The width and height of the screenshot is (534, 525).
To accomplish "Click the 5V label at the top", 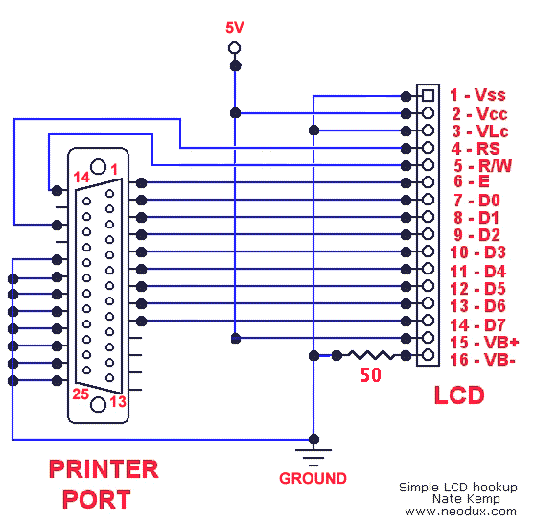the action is pos(235,28).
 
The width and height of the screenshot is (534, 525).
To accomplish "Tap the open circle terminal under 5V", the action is pos(234,48).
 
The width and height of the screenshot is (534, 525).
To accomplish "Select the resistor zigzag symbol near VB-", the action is pos(371,355).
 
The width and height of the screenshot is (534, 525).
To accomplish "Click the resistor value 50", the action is pos(370,375).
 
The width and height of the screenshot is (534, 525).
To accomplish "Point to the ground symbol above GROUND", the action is pos(313,457).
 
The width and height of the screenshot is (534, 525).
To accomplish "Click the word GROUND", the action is pos(313,478).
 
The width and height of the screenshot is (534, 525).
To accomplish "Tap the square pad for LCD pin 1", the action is pos(429,95).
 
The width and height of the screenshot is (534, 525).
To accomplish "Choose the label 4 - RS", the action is pos(476,149).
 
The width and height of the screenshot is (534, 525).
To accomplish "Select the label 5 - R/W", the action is pos(482,166).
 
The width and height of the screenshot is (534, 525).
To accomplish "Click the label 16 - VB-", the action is pos(482,360).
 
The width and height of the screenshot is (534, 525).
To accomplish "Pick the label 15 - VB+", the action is pos(484,343).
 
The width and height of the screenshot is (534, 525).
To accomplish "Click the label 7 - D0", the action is pos(476,201).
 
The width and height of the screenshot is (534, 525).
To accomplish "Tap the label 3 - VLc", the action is pos(480,131).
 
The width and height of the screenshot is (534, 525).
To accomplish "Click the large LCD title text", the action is pos(459,395).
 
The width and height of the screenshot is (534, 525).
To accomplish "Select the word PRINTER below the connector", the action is pos(104,469).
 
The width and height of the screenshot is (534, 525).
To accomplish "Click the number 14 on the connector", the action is pos(81,178).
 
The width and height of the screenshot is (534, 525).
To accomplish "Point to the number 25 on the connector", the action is pos(81,394).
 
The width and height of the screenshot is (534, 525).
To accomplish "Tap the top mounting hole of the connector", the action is pos(98,166).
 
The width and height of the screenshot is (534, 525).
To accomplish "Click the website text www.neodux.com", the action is pos(460,512).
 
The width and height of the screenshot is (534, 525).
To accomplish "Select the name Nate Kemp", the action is pos(466,499).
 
